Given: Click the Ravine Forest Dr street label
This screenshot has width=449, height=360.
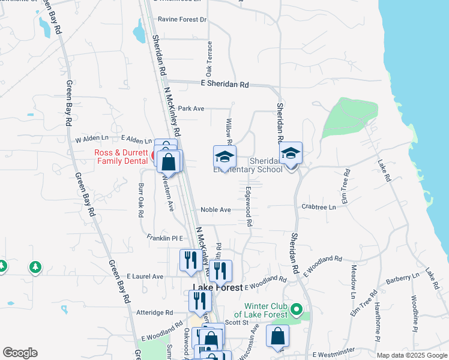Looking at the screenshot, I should coord(181,20).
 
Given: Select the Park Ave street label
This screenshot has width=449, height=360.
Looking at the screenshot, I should coord(191,109).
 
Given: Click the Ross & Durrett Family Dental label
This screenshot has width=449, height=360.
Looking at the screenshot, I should coord(121,157).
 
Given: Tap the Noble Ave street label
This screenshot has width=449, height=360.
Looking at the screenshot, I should coord(215,210).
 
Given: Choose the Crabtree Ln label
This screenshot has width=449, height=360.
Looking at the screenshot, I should coord(319,207).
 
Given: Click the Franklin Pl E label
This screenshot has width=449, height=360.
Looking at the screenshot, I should coord(164,238).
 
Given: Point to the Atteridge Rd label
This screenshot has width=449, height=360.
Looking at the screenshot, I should coord(154,313).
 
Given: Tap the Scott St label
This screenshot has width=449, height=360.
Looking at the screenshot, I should coord(237,322).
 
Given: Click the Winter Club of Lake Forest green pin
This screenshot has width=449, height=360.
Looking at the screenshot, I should coord(295,310).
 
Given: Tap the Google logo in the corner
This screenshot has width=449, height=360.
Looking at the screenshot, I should coord(20,353).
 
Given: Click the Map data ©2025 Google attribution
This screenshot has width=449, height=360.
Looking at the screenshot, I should coord(412,355).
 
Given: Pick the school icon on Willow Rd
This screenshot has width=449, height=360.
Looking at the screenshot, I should coord(225,157).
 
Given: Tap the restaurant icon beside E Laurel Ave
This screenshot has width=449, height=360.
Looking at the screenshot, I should coord(188,260).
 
